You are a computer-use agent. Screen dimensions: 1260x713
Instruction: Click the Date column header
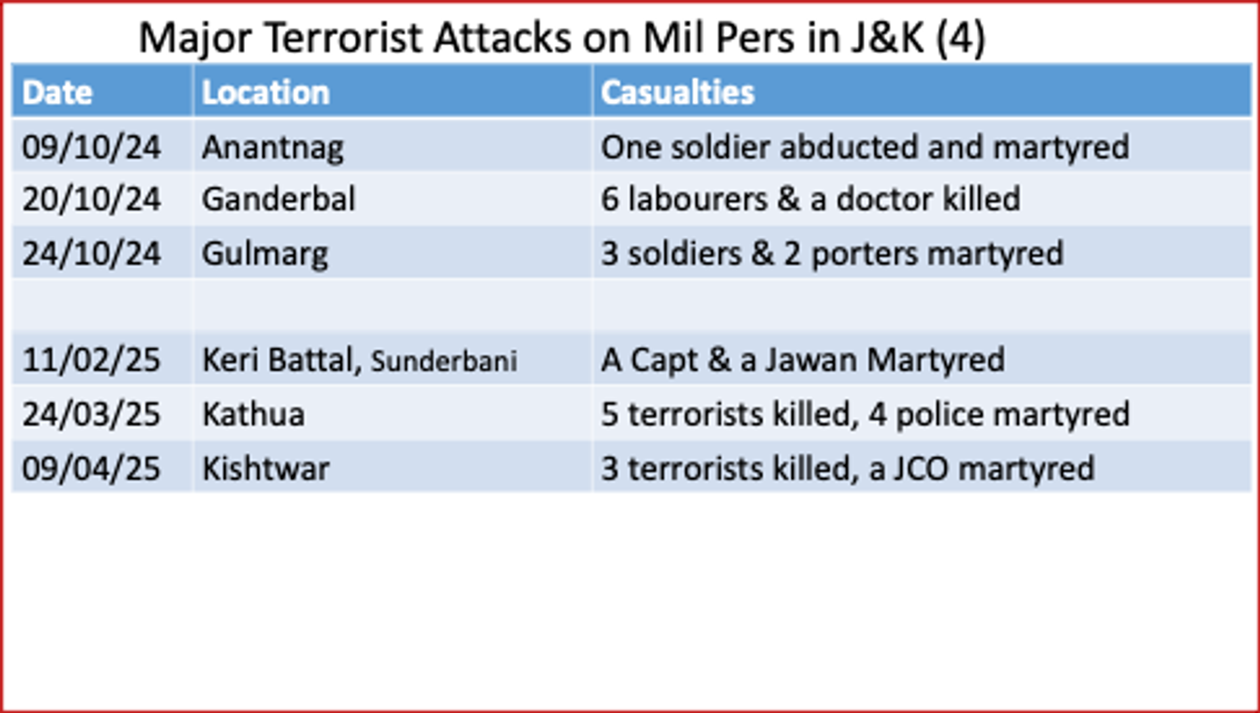[x=57, y=93]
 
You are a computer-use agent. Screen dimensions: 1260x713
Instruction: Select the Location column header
[x=266, y=93]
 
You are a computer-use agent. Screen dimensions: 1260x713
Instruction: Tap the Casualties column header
[x=678, y=93]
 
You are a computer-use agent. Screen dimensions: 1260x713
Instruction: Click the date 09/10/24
[x=91, y=147]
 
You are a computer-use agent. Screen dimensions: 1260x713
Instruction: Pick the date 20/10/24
[x=91, y=200]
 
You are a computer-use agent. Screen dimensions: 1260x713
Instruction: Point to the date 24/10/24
[x=91, y=254]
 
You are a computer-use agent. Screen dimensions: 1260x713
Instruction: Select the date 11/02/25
[x=91, y=360]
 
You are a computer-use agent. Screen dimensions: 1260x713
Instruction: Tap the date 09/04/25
[x=91, y=469]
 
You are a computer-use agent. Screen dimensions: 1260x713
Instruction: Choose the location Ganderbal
[x=278, y=200]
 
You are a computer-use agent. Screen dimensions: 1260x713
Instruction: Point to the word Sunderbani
[x=444, y=361]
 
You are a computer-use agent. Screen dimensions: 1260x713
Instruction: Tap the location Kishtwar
[x=266, y=469]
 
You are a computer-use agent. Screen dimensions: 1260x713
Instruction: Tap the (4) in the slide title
[x=961, y=38]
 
